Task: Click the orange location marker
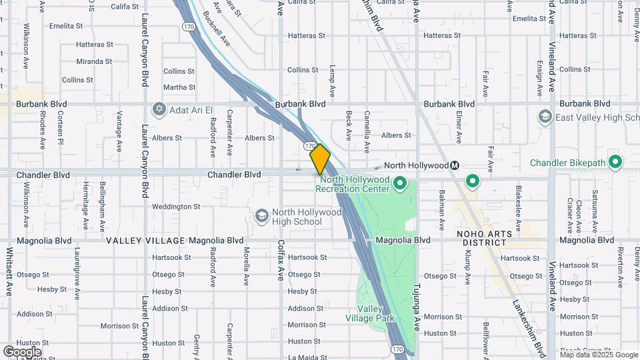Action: (x=320, y=159)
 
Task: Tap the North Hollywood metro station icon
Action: (x=455, y=165)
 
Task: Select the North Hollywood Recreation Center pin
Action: (x=400, y=183)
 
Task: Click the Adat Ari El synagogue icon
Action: (x=159, y=109)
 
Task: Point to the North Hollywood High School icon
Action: (x=262, y=215)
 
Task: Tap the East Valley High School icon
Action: (x=545, y=117)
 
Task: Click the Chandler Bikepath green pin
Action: (x=615, y=162)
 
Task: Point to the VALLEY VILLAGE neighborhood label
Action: (x=145, y=241)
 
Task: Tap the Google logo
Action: (x=22, y=351)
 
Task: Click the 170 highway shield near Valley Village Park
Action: (x=397, y=349)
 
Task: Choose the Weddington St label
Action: (x=176, y=207)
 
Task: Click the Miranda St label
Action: (x=94, y=61)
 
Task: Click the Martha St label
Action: (x=179, y=87)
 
